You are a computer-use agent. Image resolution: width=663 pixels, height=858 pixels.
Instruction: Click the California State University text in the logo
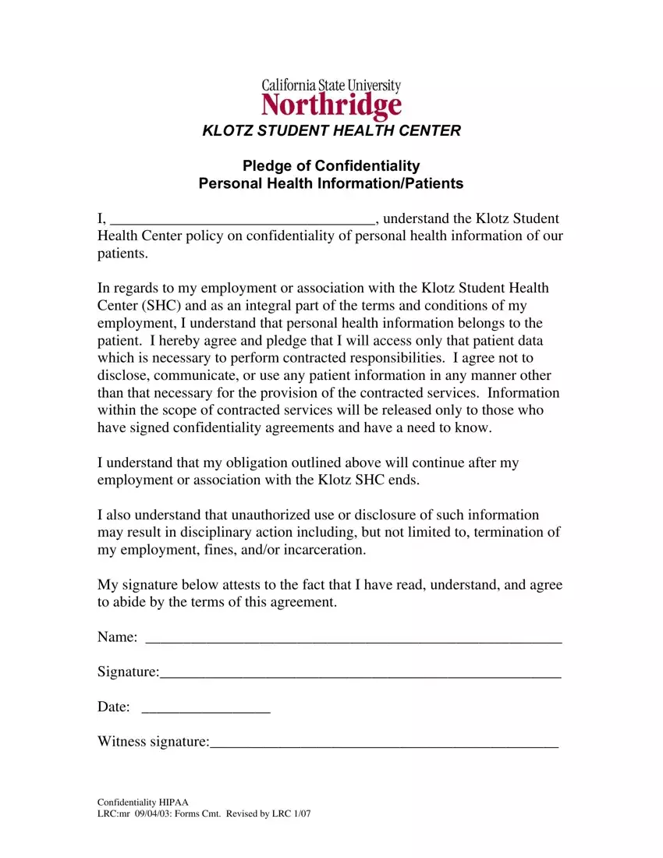pyautogui.click(x=331, y=85)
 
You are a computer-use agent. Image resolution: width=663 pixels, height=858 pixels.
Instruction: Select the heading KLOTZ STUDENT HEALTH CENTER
pyautogui.click(x=331, y=131)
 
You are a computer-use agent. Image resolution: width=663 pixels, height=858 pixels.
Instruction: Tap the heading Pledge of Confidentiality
pyautogui.click(x=331, y=165)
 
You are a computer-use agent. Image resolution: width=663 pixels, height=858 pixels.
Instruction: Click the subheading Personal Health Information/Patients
pyautogui.click(x=331, y=184)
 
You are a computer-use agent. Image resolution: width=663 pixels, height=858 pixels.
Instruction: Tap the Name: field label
pyautogui.click(x=118, y=637)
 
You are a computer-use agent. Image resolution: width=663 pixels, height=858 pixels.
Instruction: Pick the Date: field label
pyautogui.click(x=113, y=707)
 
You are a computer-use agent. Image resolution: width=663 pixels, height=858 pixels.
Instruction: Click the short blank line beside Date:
pyautogui.click(x=207, y=711)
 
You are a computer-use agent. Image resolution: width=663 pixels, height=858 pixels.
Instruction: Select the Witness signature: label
pyautogui.click(x=153, y=742)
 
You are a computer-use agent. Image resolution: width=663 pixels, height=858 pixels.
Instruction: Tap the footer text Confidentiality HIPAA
pyautogui.click(x=143, y=803)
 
